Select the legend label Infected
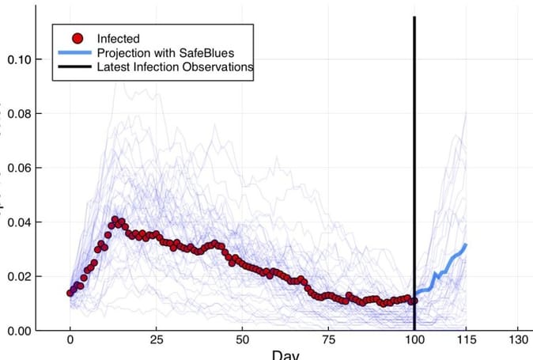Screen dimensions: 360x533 (x=118, y=38)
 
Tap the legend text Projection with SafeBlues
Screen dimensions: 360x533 (x=165, y=52)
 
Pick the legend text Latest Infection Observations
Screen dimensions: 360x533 (x=175, y=67)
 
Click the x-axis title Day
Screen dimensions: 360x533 (x=285, y=355)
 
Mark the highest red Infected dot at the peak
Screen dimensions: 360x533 (x=115, y=219)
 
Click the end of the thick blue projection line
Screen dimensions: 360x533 (x=466, y=245)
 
